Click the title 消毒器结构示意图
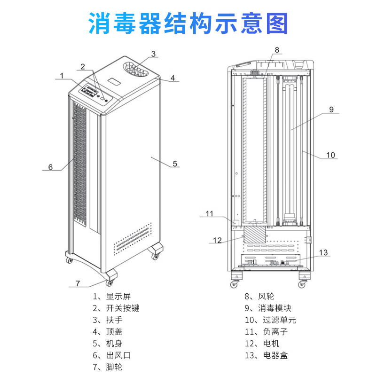pyautogui.click(x=188, y=23)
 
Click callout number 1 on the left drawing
pyautogui.click(x=61, y=75)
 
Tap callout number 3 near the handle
pyautogui.click(x=153, y=53)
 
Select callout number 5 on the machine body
pyautogui.click(x=174, y=164)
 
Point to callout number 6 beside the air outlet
pyautogui.click(x=51, y=166)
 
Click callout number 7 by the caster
pyautogui.click(x=78, y=283)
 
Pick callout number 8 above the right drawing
pyautogui.click(x=277, y=49)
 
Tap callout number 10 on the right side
pyautogui.click(x=331, y=155)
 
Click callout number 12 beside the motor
pyautogui.click(x=217, y=240)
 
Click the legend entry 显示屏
pyautogui.click(x=112, y=296)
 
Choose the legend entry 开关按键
pyautogui.click(x=117, y=308)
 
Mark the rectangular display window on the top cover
pyautogui.click(x=114, y=82)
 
